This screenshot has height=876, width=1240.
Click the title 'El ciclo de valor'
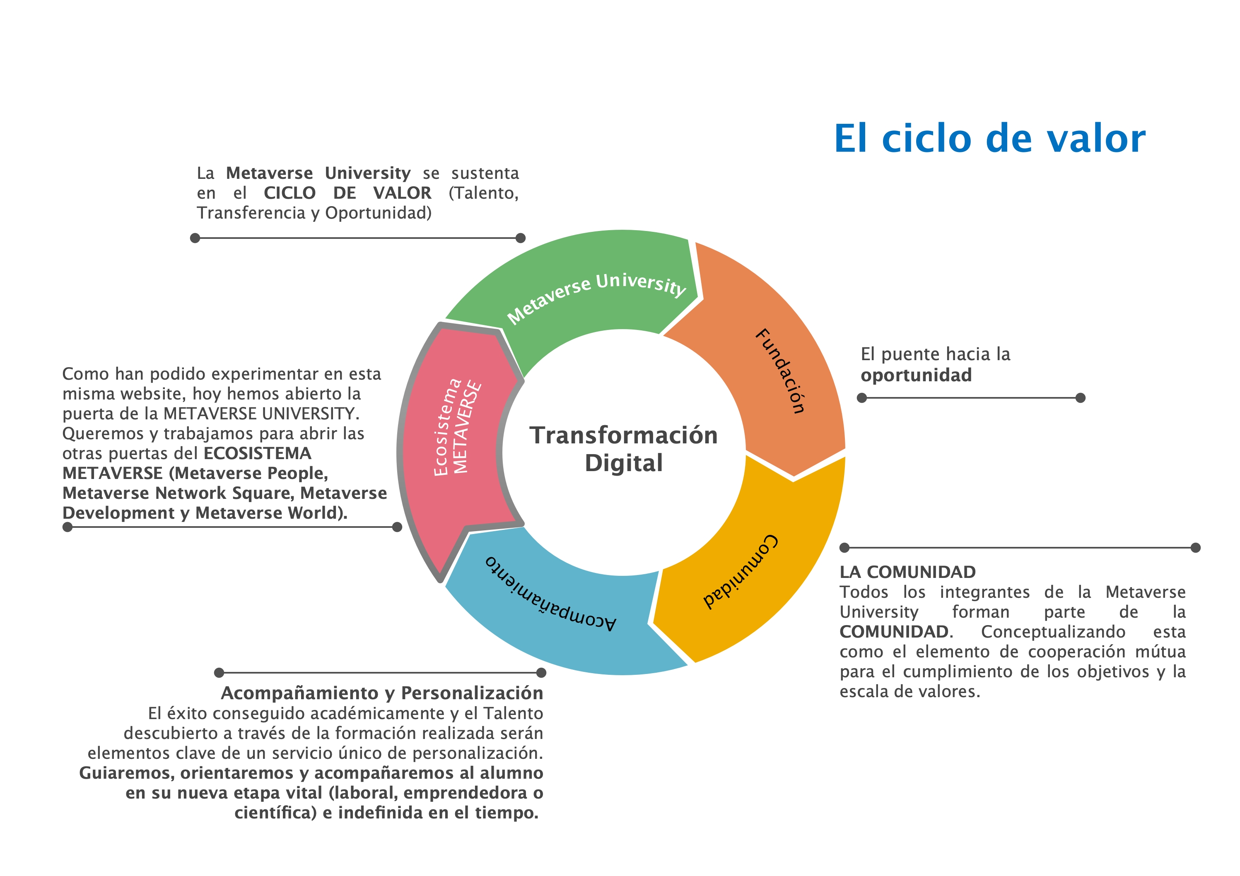coord(989,138)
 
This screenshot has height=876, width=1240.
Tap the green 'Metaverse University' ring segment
coord(583,286)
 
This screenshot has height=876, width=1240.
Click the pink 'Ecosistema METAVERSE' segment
coord(454,443)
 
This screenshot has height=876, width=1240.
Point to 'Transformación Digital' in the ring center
coord(623,449)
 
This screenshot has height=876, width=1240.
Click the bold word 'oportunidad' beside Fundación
coord(916,375)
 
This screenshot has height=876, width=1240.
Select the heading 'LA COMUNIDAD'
coord(907,572)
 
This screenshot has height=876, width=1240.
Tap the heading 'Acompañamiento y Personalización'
coord(382,693)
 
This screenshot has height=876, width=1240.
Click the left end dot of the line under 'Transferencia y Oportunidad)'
coord(195,238)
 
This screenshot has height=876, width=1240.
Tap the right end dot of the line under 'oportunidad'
coord(1081,398)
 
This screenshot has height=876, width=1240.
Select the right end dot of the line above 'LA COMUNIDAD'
coord(1196,548)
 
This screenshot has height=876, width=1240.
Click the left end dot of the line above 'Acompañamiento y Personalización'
coord(219,672)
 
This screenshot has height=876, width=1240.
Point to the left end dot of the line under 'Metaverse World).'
coord(68,527)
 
